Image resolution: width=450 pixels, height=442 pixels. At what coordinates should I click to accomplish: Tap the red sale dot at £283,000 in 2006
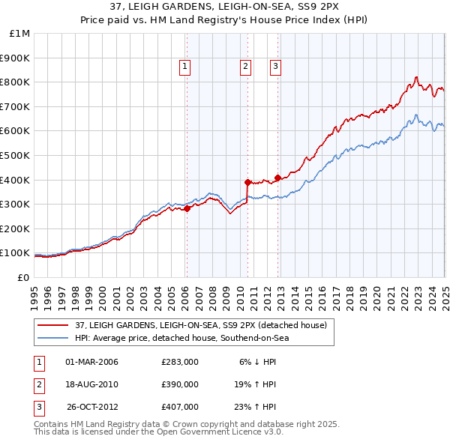pos(187,209)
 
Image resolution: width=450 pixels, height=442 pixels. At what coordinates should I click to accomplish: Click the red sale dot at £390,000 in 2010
pos(247,182)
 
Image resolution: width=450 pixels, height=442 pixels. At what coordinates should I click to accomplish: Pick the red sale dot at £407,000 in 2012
pos(277,178)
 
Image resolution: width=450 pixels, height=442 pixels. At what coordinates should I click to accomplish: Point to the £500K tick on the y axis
pos(16,155)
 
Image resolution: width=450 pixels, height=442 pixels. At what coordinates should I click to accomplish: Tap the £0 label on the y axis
pos(23,277)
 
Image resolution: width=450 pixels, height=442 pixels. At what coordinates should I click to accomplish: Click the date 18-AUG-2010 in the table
pos(92,384)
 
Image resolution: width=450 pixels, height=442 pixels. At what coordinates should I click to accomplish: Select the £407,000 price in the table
pos(180,407)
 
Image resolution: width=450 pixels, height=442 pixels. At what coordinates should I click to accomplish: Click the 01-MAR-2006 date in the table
pos(92,362)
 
